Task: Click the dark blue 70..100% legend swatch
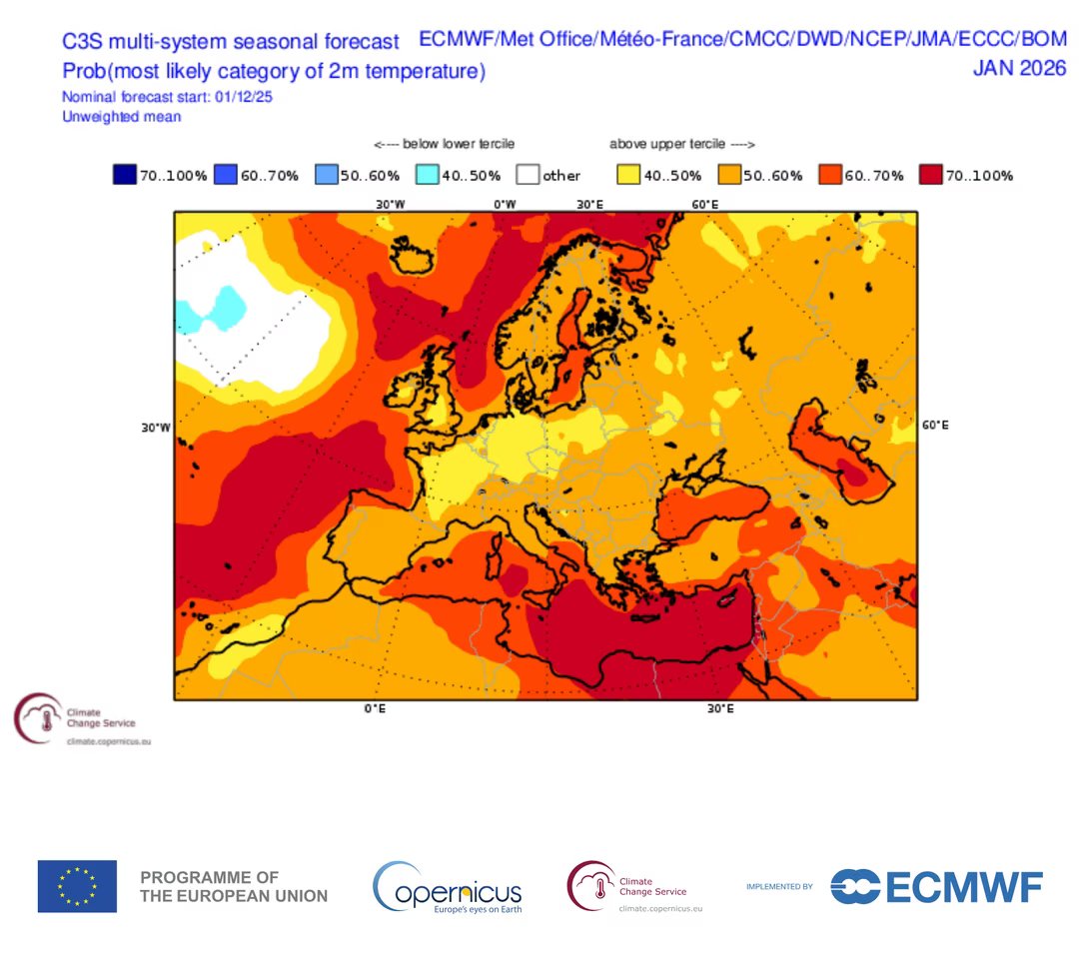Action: pos(124,175)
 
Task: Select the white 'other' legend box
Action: pos(527,175)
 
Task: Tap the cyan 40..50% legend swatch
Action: pos(426,175)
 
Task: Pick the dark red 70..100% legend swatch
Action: pos(932,175)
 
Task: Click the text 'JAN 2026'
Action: pos(1019,68)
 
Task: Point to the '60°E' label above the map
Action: pos(705,204)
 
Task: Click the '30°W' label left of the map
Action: pos(156,427)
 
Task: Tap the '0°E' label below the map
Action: pos(374,708)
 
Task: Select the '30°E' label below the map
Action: pos(719,708)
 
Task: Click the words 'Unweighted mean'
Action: pos(121,117)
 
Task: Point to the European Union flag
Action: pos(77,886)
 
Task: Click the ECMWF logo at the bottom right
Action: pos(936,886)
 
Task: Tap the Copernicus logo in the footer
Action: pos(448,887)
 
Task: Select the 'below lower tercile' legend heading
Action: pos(445,145)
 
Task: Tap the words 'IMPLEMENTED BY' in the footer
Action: pos(779,887)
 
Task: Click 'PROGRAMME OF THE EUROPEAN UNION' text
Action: pos(234,886)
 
